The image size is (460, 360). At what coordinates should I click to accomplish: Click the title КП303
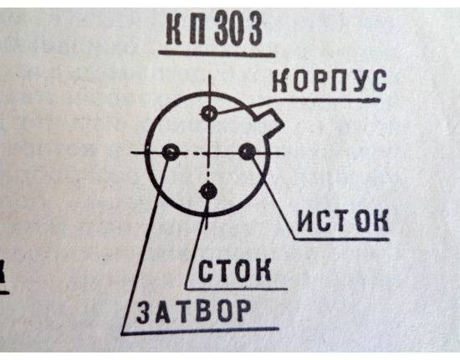pos(214,29)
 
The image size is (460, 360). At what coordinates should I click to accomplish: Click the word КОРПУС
pos(330,80)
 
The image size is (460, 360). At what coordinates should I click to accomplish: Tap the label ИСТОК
pos(343,220)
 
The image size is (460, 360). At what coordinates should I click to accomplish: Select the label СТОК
pos(234,270)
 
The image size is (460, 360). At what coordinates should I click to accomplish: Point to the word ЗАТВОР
pos(194,311)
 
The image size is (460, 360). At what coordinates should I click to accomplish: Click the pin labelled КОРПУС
pos(209,113)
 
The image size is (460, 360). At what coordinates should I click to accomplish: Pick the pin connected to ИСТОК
pos(248,152)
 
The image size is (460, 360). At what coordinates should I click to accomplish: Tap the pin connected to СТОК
pos(208,191)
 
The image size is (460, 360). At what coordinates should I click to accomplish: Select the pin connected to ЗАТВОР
pos(171,152)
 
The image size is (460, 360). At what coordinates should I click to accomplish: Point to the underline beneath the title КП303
pos(217,53)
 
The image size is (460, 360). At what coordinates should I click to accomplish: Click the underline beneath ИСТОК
pos(342,239)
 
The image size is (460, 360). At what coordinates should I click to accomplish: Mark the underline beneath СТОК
pos(237,288)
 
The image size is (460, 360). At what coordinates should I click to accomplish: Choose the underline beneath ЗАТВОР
pos(200,332)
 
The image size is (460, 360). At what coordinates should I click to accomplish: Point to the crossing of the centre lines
pos(209,152)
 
